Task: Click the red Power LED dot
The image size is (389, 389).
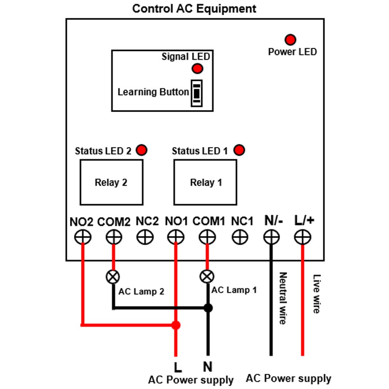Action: (290, 40)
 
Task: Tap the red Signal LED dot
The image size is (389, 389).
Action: (197, 68)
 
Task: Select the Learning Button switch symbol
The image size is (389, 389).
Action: (196, 93)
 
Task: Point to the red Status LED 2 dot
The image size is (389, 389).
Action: (142, 150)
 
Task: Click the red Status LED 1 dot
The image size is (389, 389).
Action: (239, 150)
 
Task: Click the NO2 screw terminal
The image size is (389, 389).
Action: (82, 237)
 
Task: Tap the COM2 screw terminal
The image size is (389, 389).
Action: (114, 237)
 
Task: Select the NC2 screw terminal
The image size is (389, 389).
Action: (145, 237)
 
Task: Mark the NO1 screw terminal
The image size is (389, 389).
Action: (176, 237)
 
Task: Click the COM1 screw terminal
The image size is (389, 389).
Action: (207, 237)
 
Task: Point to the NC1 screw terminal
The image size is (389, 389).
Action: (240, 237)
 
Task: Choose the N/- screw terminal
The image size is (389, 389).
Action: (272, 237)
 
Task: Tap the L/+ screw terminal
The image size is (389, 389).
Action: (302, 237)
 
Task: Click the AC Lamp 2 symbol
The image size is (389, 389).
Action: (113, 277)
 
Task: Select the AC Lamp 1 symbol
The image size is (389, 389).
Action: (207, 276)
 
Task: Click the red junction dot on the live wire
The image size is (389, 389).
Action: (176, 325)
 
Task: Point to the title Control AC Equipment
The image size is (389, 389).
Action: (194, 9)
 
